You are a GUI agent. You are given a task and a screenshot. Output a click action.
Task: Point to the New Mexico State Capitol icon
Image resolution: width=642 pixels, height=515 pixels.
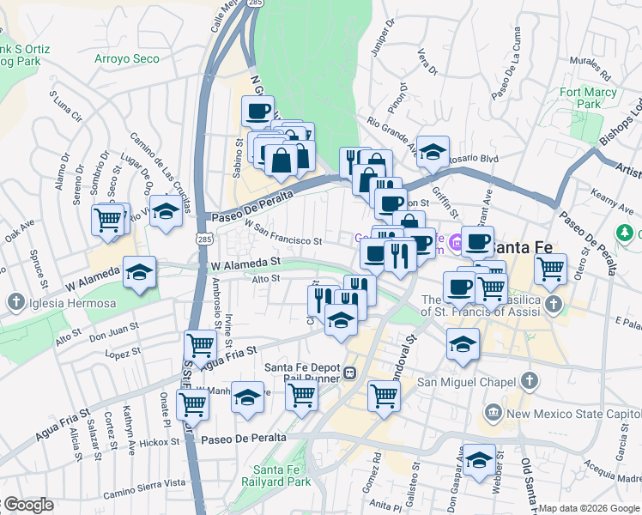493,414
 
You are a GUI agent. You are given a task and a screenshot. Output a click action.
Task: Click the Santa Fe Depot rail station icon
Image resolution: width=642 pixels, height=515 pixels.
350,373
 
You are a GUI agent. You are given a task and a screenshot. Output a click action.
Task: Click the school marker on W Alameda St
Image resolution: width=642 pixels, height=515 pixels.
139,273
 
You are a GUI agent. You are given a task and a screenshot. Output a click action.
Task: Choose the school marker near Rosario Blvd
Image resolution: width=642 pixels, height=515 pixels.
433,151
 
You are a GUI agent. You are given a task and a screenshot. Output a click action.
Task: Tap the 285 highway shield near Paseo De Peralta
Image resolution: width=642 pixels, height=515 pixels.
199,234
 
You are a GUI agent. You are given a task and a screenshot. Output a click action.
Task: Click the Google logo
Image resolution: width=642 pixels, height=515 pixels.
27,505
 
